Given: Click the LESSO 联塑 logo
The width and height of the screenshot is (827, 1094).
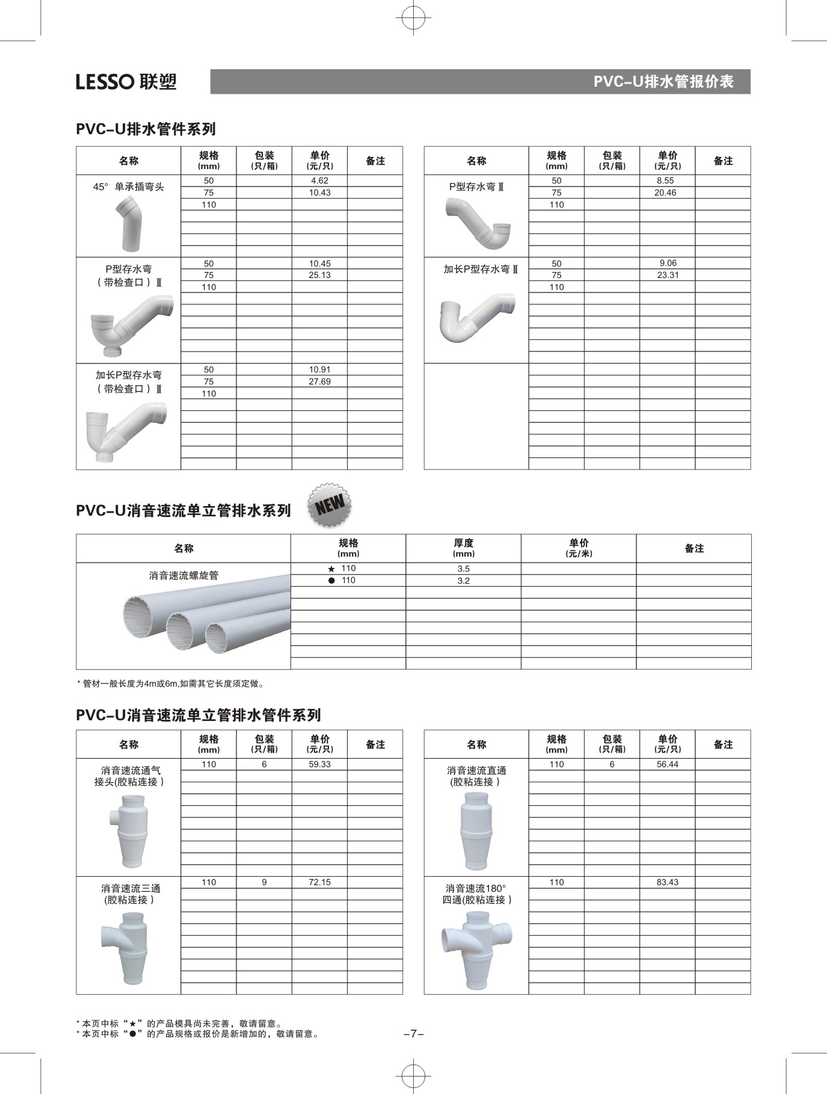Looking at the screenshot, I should [x=126, y=81].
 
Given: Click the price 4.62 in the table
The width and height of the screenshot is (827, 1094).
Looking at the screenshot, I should [x=319, y=181].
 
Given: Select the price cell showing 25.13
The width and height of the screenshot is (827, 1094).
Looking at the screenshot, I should [x=319, y=275].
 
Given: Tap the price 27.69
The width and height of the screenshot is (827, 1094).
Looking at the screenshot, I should [x=319, y=382].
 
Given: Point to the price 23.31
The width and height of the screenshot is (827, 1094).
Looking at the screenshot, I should [x=668, y=275].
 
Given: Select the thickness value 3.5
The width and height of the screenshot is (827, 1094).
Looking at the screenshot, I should [x=463, y=569].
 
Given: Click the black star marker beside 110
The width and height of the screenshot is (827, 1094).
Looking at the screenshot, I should [x=331, y=569].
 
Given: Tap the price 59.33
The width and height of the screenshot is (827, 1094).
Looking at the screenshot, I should [x=319, y=764].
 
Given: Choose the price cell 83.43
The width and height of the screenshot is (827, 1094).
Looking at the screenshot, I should [x=668, y=882].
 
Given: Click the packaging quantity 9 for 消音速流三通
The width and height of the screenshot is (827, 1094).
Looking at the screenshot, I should [x=264, y=882].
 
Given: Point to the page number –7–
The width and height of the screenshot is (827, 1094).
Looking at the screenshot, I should [x=413, y=1034].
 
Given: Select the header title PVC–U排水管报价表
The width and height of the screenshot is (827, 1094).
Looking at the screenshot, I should [x=663, y=82].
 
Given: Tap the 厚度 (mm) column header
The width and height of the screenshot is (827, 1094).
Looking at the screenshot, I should [x=463, y=548].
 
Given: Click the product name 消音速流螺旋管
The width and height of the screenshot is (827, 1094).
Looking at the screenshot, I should [x=184, y=575].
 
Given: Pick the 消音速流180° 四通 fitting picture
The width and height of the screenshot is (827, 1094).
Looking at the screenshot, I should [x=476, y=950].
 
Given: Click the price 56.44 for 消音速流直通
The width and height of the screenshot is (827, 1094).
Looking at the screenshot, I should [x=668, y=764].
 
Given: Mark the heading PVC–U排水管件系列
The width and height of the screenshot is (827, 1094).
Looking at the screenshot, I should [x=146, y=129].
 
